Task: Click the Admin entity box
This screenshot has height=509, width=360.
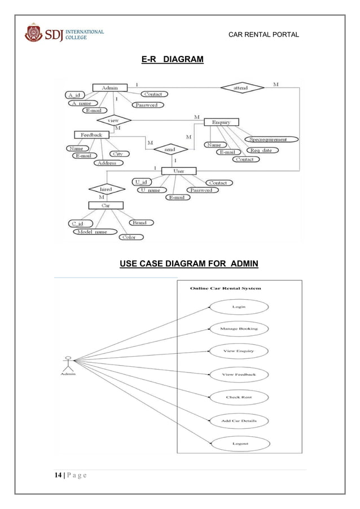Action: pos(109,87)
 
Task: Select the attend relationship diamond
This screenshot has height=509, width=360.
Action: pos(241,87)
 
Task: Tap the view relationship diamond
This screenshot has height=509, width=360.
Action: pos(113,120)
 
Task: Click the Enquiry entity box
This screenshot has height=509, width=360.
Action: pos(221,122)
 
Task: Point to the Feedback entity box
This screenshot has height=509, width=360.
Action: pos(91,135)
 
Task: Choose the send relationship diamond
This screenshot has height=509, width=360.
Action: pos(169,150)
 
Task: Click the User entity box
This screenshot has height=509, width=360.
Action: pos(178,170)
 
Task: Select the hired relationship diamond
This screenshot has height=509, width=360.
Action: pos(106,189)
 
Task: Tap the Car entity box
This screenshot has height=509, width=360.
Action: pos(105,206)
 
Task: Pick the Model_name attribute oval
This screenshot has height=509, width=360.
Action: pos(92,231)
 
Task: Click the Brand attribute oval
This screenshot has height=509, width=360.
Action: pos(139,222)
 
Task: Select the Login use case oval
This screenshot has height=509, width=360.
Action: pos(239,307)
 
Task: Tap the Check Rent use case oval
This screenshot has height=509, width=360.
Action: pos(239,397)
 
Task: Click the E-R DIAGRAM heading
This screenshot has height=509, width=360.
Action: pos(172,59)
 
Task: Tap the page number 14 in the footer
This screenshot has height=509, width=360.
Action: pos(58,475)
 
